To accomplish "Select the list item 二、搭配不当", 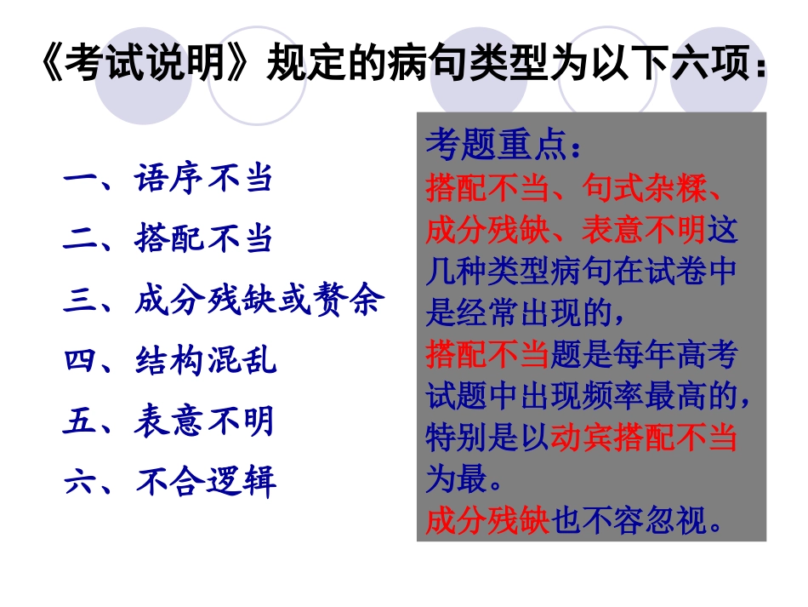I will click(168, 239).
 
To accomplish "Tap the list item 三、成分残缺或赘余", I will click(224, 301).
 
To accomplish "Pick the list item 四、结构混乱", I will click(169, 361).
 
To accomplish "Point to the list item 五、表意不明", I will click(168, 421).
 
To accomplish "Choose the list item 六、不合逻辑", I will click(169, 482).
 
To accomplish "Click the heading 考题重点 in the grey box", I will click(496, 146).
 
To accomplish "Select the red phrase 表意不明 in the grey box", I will click(643, 230).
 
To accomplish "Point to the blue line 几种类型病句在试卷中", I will click(581, 272).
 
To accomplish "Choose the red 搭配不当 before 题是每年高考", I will click(487, 355).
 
